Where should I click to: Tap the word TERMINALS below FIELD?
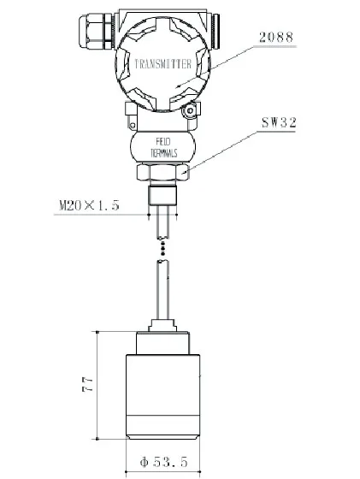166,152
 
